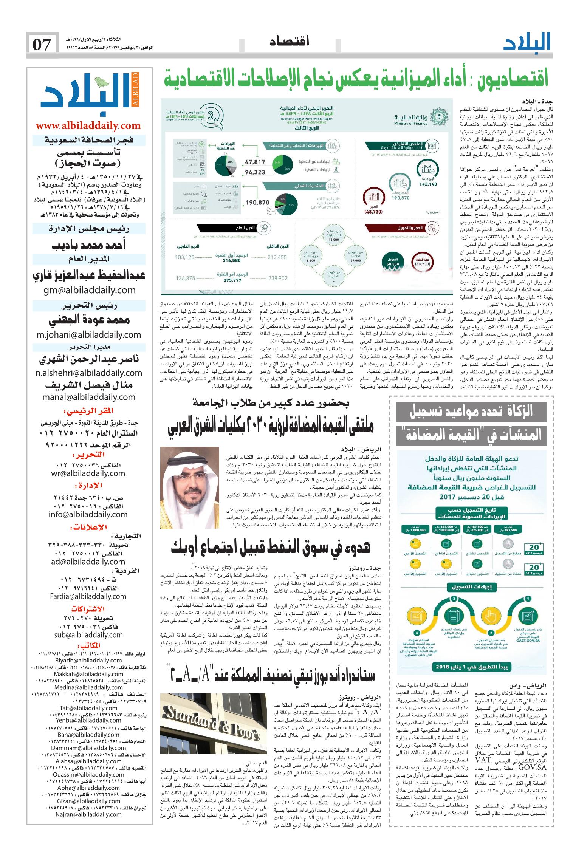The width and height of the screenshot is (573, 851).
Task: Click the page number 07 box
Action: [42, 45]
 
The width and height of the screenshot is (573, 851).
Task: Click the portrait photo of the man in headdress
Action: [190, 488]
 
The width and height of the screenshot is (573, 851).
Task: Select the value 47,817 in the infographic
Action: [255, 161]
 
